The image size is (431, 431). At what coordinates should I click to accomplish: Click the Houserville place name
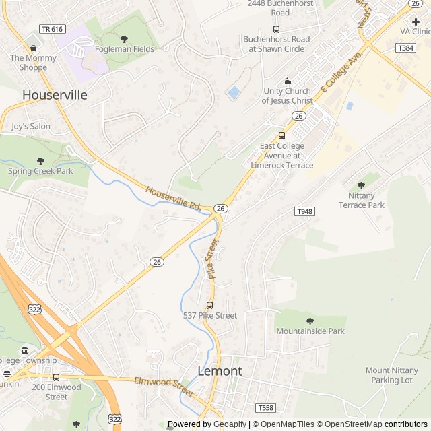[55, 95]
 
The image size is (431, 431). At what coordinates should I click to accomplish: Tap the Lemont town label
[220, 371]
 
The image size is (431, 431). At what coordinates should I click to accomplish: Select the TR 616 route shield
[52, 29]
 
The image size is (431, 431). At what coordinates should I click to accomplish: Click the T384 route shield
[405, 48]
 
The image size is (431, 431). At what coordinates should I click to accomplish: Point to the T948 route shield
[305, 211]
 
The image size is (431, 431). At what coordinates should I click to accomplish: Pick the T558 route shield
[266, 408]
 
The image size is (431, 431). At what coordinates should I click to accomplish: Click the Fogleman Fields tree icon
[124, 39]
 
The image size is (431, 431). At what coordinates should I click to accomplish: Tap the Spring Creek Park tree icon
[40, 161]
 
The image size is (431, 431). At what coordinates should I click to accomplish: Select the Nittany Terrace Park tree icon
[361, 185]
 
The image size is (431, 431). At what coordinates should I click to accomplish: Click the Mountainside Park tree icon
[310, 321]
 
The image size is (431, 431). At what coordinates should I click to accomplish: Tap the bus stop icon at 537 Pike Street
[209, 305]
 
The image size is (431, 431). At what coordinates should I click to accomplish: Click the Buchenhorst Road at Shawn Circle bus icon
[276, 29]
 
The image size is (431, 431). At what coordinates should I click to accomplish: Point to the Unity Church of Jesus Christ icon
[288, 81]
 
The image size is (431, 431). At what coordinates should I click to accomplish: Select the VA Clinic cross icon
[416, 22]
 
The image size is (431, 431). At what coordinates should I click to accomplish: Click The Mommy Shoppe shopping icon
[33, 48]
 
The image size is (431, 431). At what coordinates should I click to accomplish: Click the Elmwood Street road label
[164, 386]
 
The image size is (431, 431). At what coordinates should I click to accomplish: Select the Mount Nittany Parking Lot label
[389, 375]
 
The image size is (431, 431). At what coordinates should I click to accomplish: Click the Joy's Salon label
[31, 126]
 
